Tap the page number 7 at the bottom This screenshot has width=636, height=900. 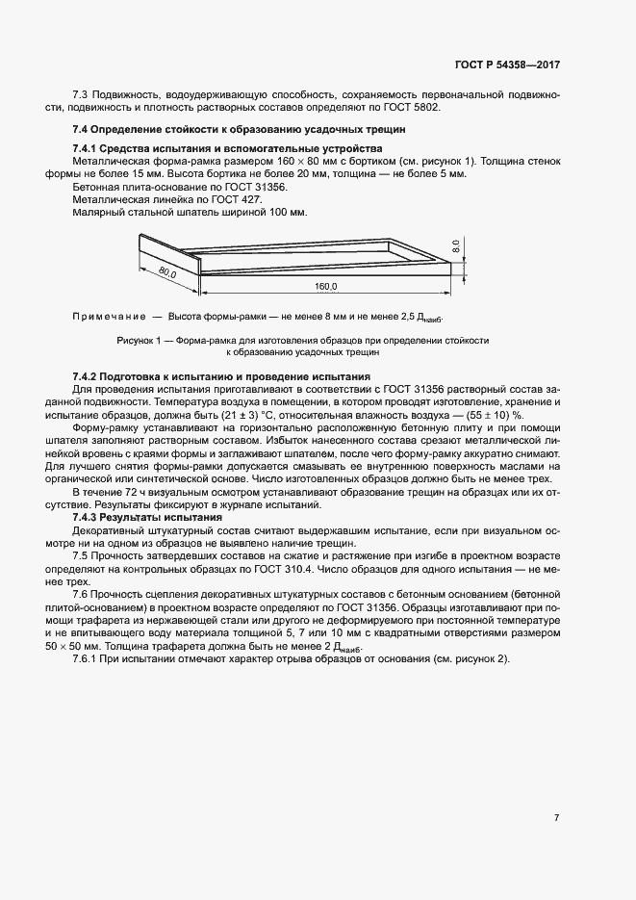coord(556,818)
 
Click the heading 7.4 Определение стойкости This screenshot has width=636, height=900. coord(240,130)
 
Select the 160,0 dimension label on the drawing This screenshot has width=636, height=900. coord(327,287)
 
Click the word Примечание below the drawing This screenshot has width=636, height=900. coord(108,317)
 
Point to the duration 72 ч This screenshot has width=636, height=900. coord(136,492)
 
